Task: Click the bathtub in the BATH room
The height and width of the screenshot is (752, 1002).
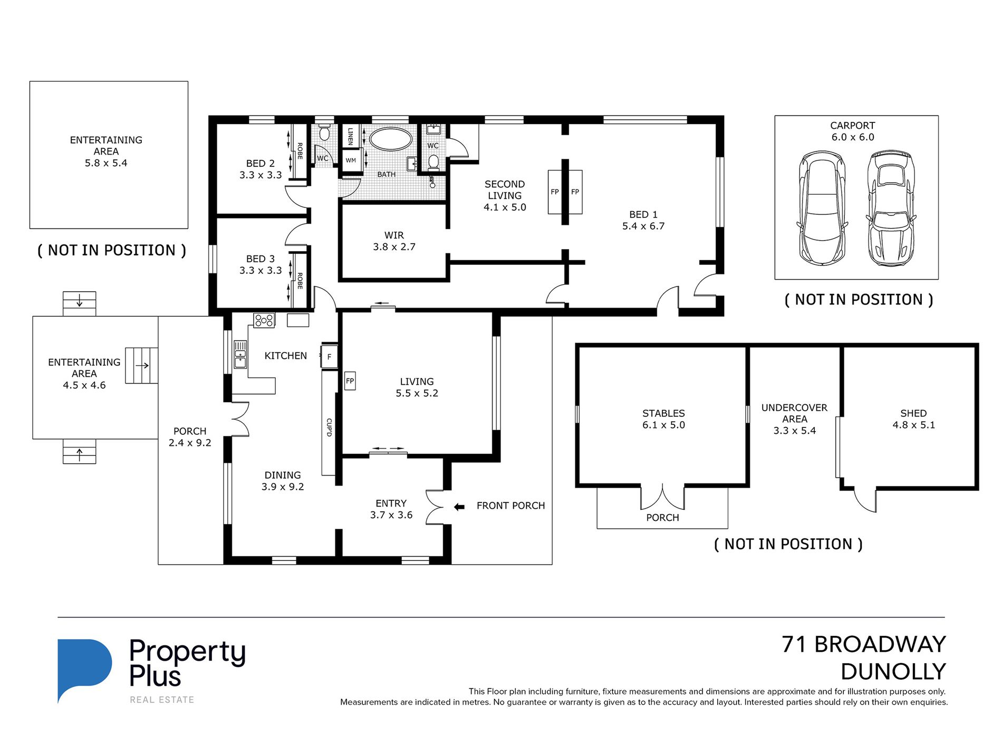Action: click(391, 140)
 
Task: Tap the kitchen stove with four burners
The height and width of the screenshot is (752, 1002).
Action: click(264, 320)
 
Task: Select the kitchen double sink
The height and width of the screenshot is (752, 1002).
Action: click(240, 354)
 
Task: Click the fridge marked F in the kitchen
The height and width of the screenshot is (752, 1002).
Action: click(329, 357)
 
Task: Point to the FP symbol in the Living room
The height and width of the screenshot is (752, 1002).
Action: click(350, 381)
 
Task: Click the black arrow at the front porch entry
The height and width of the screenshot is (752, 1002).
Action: click(459, 507)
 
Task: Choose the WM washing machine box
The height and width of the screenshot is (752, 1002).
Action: click(351, 160)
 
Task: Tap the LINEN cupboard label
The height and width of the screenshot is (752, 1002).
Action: click(350, 136)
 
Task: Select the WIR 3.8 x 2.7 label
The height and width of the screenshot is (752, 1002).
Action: click(394, 241)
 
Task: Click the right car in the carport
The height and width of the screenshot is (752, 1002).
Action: click(890, 207)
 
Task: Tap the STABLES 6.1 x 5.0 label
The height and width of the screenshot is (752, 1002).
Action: click(663, 419)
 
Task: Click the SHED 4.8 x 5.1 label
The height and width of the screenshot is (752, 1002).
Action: click(913, 419)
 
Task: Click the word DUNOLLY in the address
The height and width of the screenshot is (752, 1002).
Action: click(893, 672)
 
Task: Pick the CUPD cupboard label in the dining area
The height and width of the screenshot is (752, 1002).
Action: click(329, 427)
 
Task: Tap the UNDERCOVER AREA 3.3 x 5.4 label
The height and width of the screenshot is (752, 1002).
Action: click(794, 419)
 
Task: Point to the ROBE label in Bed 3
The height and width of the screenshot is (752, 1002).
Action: click(300, 281)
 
